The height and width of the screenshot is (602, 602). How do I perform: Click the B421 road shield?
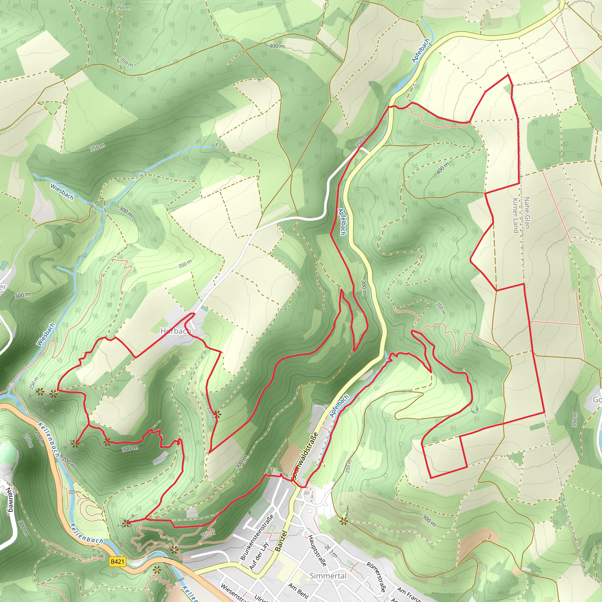pyautogui.click(x=118, y=562)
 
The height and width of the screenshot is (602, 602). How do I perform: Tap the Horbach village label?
pyautogui.click(x=175, y=331)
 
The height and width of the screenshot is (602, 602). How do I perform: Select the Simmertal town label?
pyautogui.click(x=328, y=576)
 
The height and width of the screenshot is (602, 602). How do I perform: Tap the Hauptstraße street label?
pyautogui.click(x=317, y=551)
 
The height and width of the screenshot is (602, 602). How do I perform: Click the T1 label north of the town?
pyautogui.click(x=274, y=470)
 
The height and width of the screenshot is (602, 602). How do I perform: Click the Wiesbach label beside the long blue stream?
pyautogui.click(x=46, y=334)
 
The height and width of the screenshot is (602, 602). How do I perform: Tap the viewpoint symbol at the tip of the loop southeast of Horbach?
pyautogui.click(x=218, y=414)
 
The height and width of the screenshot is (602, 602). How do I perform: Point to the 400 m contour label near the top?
pyautogui.click(x=277, y=46)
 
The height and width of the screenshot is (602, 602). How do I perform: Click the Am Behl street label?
pyautogui.click(x=298, y=591)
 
